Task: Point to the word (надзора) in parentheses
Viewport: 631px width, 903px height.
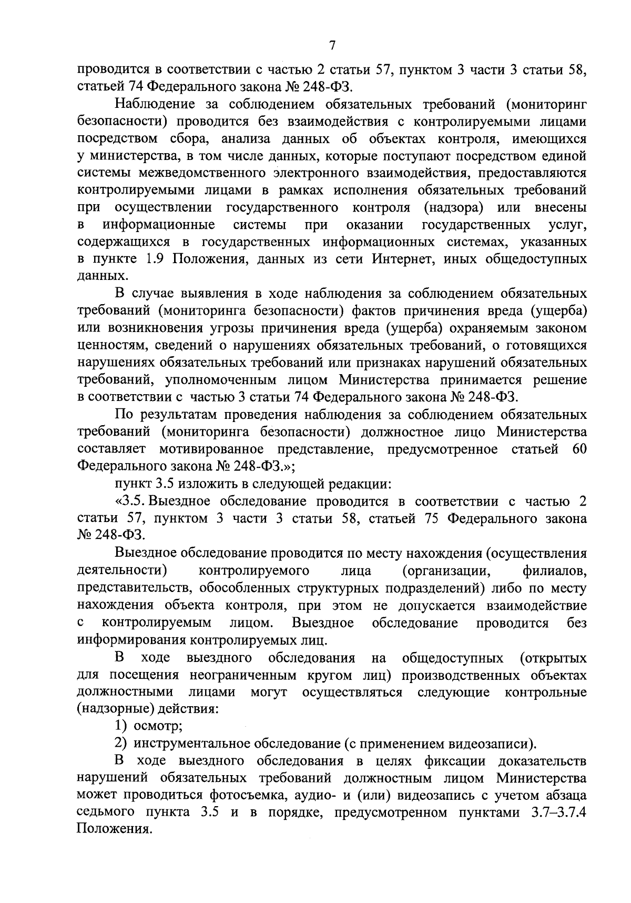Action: [x=453, y=207]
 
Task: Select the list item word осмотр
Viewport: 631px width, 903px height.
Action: [x=158, y=726]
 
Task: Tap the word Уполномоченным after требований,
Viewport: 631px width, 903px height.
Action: [x=247, y=380]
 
